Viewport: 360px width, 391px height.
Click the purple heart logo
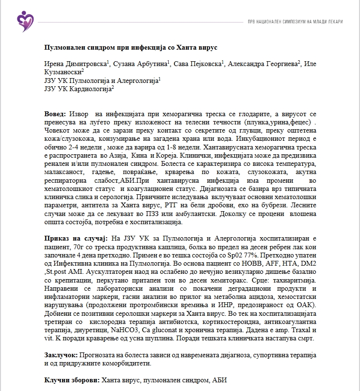(24, 20)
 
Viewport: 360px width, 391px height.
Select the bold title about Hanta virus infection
(131, 48)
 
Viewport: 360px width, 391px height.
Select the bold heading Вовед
(55, 114)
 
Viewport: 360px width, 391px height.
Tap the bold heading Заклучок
(60, 355)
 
